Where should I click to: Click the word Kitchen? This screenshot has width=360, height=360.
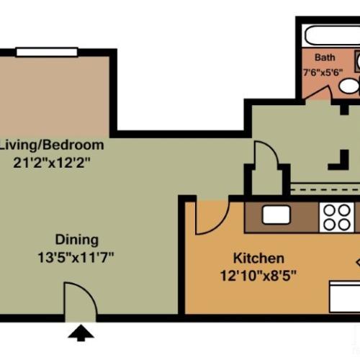coord(258,258)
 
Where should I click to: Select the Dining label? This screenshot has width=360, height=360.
coord(78,240)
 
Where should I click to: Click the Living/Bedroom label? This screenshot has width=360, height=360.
coord(51,145)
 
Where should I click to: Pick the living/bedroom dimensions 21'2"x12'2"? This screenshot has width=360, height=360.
coord(51,161)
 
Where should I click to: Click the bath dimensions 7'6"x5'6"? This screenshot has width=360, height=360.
coord(323,71)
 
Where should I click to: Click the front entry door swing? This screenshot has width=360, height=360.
coord(79,300)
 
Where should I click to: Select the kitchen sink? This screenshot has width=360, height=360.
coord(276,215)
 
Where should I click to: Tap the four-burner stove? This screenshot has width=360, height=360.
coord(336,217)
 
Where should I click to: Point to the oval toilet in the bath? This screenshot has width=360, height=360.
coord(349,87)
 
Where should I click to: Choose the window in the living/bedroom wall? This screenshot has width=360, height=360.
coord(48,51)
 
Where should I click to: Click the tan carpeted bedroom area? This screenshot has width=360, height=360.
coord(54,94)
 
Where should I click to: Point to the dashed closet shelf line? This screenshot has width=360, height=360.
coord(324,189)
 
